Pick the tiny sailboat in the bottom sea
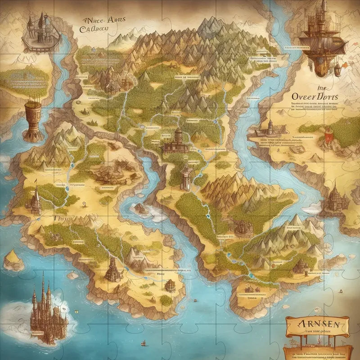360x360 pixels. pyautogui.click(x=144, y=343)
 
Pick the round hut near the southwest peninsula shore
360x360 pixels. pyautogui.click(x=170, y=284)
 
